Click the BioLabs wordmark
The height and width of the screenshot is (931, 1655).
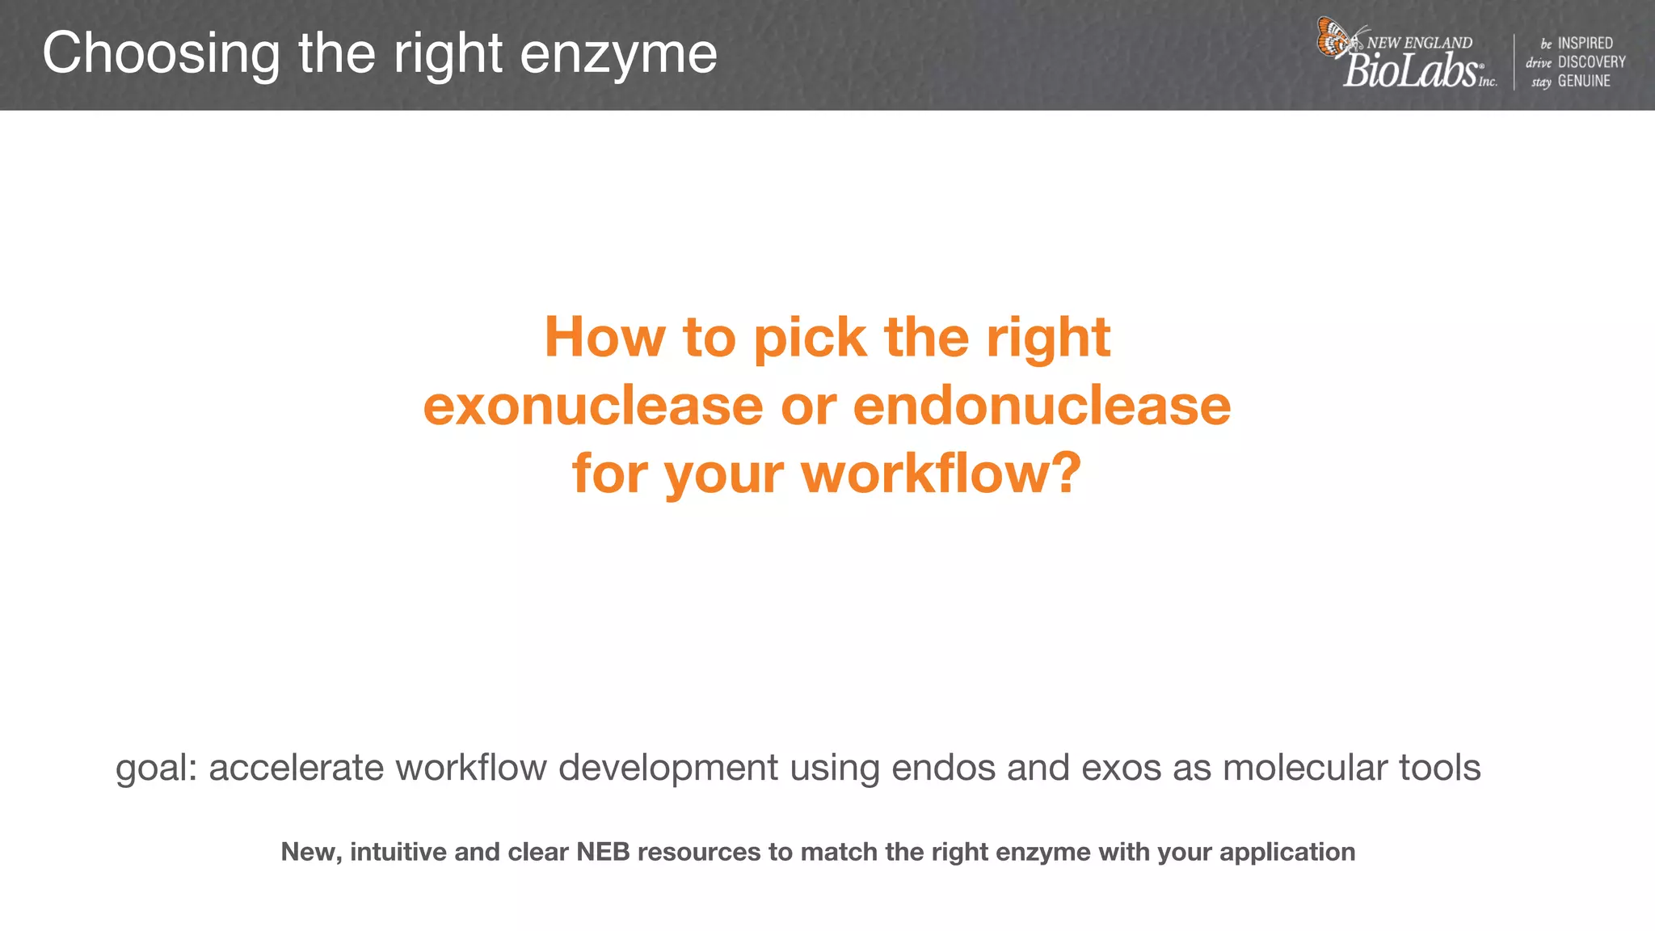pos(1410,71)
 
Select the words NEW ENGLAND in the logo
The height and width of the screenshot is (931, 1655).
pos(1420,43)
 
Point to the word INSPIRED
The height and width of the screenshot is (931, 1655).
pos(1585,43)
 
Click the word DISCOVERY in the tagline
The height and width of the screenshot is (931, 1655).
pos(1591,62)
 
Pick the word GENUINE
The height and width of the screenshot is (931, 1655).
pos(1584,81)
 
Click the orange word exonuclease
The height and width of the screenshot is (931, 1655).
pos(593,405)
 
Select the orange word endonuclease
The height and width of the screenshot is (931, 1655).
pos(1042,405)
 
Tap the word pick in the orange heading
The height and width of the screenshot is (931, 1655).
pos(810,337)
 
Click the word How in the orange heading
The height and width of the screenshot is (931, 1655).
pos(604,337)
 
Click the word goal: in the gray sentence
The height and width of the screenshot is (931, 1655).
pos(157,768)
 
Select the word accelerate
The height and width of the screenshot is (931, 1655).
pos(296,768)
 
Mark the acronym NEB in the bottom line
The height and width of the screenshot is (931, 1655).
pos(603,852)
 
